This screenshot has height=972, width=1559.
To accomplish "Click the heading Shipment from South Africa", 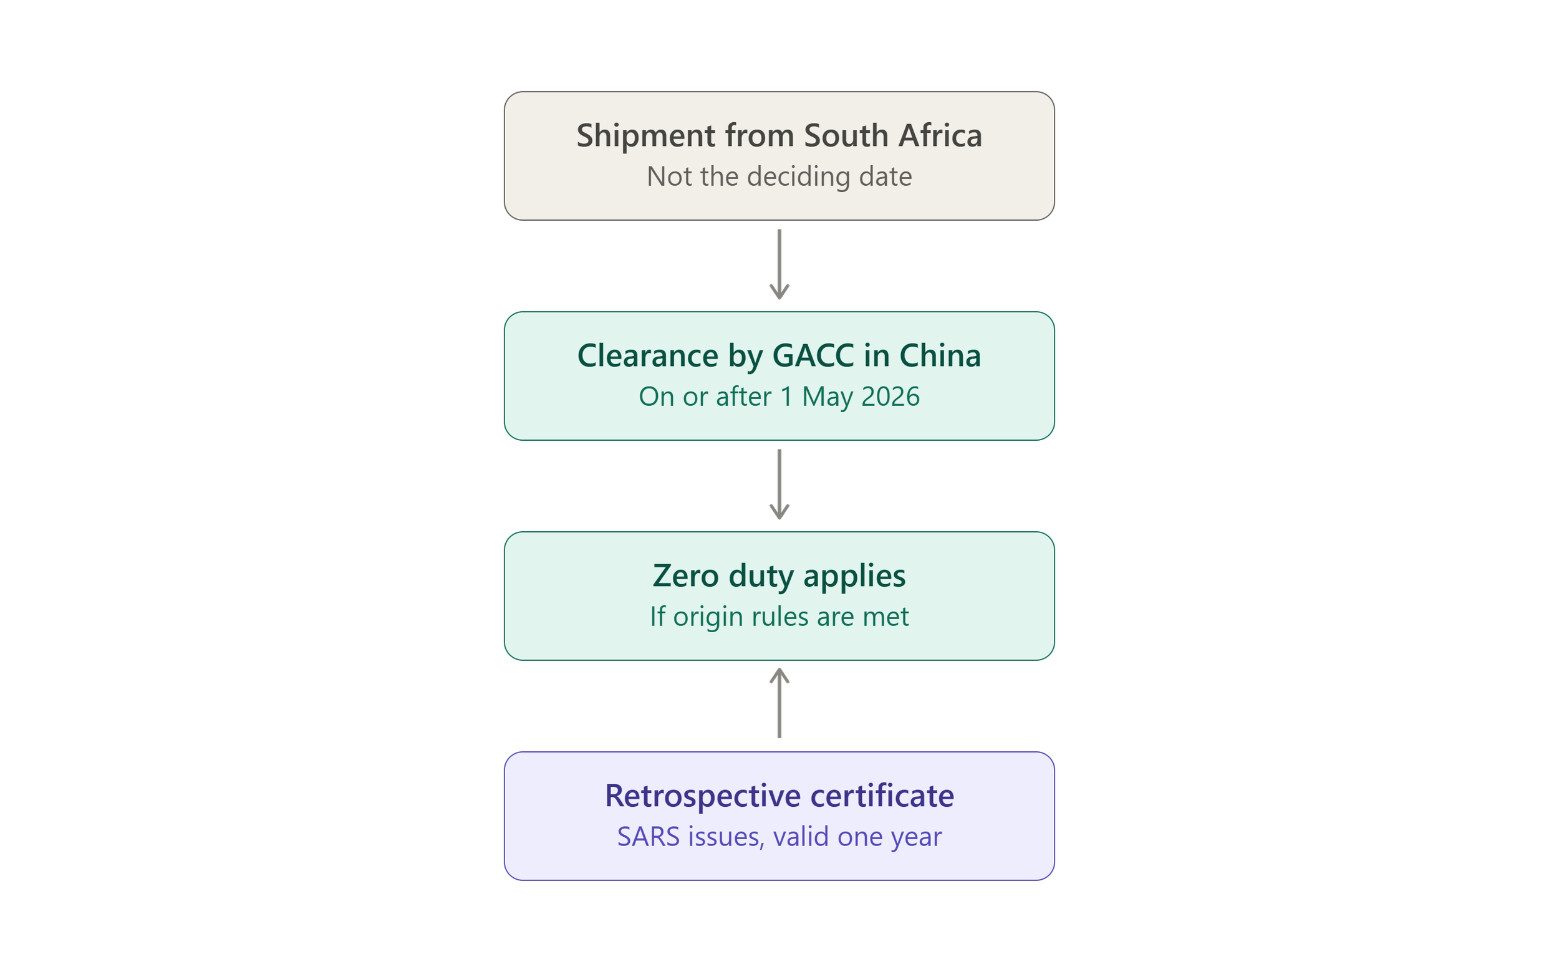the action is coord(779,136).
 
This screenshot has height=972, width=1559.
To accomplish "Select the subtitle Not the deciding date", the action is coord(779,176).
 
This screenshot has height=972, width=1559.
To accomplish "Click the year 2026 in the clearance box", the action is coord(891,397).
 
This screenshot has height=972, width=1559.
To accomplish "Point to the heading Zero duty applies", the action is coord(779,576).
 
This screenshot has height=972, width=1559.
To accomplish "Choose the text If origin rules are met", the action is coord(779,617).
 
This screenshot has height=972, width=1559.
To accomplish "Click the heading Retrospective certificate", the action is coord(779,796).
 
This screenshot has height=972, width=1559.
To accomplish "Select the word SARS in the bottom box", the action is coord(648,837).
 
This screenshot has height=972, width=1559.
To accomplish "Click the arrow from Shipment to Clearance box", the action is coord(779,264).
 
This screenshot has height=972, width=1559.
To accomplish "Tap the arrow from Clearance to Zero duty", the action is coord(779,484).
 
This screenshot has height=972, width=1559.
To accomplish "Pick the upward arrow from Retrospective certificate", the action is coord(779,703).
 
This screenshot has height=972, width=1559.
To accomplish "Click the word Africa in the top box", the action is coord(940,136).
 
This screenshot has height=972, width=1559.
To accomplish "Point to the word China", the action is coord(940,355).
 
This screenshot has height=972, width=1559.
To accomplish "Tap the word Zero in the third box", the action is coord(686,576).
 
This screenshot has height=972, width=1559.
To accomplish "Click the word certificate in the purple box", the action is coord(882,796).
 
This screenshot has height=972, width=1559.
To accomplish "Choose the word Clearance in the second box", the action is coord(647,355).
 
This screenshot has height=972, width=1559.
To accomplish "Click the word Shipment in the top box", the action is coord(646,136).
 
